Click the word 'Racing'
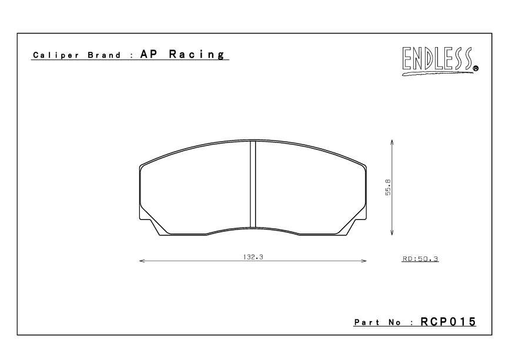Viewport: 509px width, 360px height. pyautogui.click(x=197, y=55)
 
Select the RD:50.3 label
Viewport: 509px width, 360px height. pyautogui.click(x=420, y=259)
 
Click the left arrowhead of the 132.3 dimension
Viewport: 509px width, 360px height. pyautogui.click(x=142, y=260)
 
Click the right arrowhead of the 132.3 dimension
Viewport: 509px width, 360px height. pyautogui.click(x=364, y=260)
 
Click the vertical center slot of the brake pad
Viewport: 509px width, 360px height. pyautogui.click(x=253, y=184)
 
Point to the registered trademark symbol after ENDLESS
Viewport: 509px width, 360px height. pyautogui.click(x=475, y=68)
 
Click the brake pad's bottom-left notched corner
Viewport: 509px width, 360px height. pyautogui.click(x=150, y=225)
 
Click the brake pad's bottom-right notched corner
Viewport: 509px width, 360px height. pyautogui.click(x=355, y=225)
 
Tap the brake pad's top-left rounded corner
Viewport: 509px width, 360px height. pyautogui.click(x=143, y=166)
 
